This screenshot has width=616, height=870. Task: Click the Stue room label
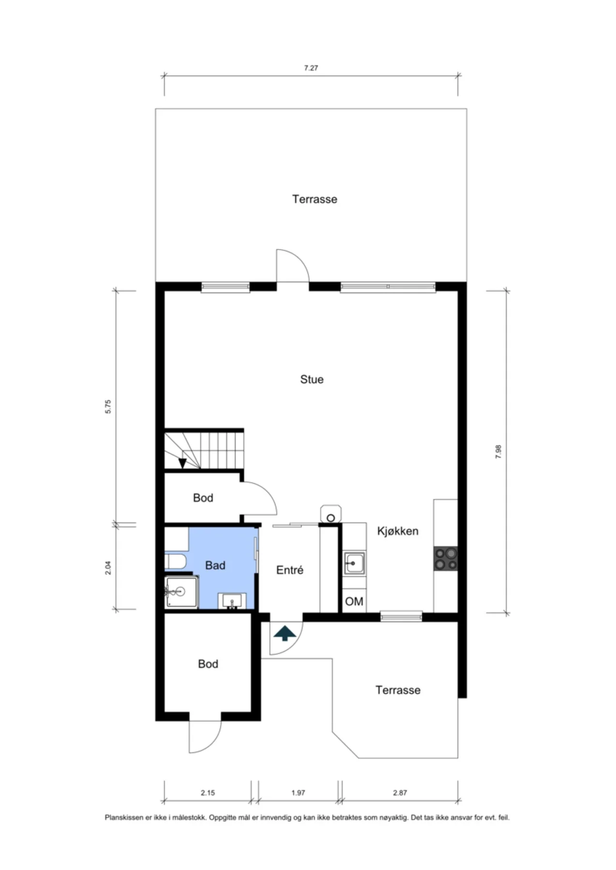pos(312,379)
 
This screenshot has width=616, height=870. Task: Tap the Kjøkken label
pos(398,531)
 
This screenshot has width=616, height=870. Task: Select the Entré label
pos(290,570)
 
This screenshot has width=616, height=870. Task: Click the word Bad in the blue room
pos(215,565)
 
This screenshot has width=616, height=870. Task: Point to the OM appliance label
pos(354,602)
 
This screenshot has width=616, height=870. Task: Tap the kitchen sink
pos(355,564)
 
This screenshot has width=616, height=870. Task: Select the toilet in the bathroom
pos(175,562)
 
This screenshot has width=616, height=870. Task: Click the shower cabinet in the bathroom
pos(181,592)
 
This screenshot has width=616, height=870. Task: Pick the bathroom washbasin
pos(232,601)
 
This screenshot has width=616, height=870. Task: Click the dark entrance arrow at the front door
pos(285,633)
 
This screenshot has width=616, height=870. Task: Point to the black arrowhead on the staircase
pos(182,463)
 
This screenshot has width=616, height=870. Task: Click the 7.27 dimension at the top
pos(311,68)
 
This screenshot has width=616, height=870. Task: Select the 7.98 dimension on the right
pos(498,451)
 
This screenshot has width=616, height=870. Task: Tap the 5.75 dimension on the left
pos(108,406)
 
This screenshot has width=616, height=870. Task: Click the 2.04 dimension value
pos(108,567)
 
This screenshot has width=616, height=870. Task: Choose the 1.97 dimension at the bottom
pos(298,793)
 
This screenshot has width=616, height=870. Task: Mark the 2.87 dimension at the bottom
pos(400,793)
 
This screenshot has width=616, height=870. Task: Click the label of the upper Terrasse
pos(315,199)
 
